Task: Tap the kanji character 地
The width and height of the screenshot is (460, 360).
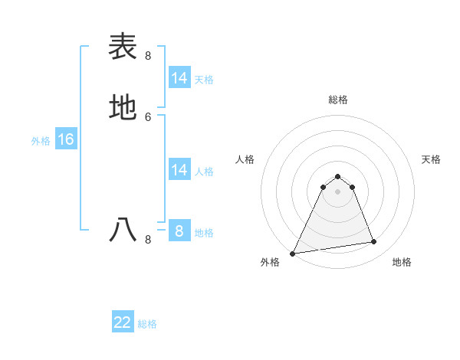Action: (123, 106)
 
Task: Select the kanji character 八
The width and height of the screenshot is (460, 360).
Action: (123, 229)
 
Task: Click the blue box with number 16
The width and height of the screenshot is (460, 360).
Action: (65, 139)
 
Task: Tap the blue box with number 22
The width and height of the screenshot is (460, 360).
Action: (123, 322)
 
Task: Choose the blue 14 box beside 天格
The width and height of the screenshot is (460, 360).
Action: (179, 78)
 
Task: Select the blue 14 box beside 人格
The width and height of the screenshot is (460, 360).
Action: (179, 170)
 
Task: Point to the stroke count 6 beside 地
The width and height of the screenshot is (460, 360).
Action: (148, 116)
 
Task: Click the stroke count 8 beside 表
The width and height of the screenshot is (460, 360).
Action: (148, 55)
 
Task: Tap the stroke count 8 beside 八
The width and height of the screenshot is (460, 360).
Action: (148, 239)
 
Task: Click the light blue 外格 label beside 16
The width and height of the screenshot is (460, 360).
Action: (41, 141)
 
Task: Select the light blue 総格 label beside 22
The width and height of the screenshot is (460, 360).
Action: (147, 324)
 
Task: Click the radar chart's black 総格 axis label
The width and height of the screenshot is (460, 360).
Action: (338, 100)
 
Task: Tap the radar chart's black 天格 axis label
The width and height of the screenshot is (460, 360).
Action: (432, 159)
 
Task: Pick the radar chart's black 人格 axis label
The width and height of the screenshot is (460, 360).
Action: (245, 159)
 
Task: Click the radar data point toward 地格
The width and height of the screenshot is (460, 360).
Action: (374, 242)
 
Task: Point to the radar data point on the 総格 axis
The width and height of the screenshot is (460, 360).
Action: (338, 176)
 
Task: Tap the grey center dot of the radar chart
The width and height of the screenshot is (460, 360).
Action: (338, 191)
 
